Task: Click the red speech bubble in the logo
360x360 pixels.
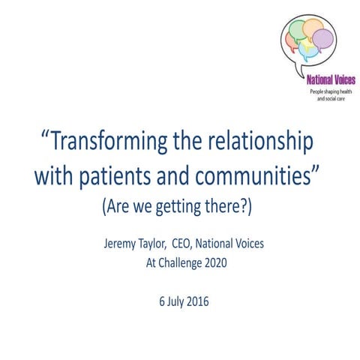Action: point(294,39)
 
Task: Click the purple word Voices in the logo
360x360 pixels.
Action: point(340,79)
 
